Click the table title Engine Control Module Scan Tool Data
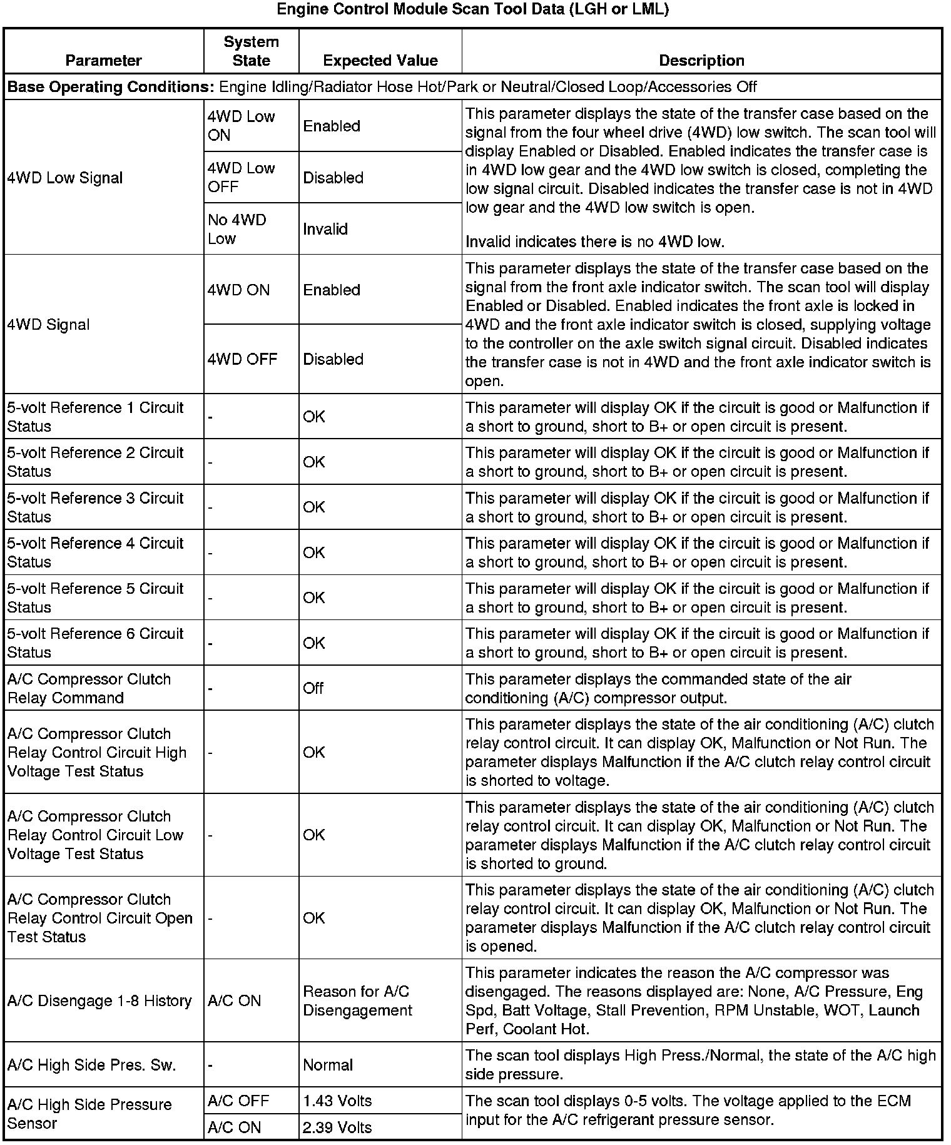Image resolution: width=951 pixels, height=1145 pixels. [473, 10]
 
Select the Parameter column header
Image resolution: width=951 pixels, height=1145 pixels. [103, 61]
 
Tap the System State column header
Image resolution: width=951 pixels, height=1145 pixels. [251, 51]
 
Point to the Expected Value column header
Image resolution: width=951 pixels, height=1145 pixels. [380, 61]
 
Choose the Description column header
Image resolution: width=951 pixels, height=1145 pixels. [701, 61]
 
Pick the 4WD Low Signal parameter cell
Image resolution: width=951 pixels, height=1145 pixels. [65, 178]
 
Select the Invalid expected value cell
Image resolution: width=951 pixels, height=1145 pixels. [325, 229]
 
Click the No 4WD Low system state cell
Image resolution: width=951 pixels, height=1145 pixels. [237, 229]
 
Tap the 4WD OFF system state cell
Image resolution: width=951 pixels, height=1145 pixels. [242, 359]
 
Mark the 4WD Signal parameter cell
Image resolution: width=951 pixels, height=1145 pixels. [48, 325]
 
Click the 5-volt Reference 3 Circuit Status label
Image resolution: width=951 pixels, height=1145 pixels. [95, 507]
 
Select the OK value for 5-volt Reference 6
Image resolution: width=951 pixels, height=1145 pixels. [314, 643]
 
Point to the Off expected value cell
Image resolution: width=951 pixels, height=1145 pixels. [313, 688]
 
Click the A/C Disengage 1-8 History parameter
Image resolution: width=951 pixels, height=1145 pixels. [99, 1001]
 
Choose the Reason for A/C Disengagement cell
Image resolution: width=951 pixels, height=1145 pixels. [357, 1001]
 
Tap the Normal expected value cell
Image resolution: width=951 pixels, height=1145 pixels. [328, 1065]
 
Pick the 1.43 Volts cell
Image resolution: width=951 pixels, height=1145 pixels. [337, 1101]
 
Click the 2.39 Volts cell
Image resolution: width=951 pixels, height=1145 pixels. [337, 1127]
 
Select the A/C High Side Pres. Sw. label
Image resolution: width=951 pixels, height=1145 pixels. [91, 1065]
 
